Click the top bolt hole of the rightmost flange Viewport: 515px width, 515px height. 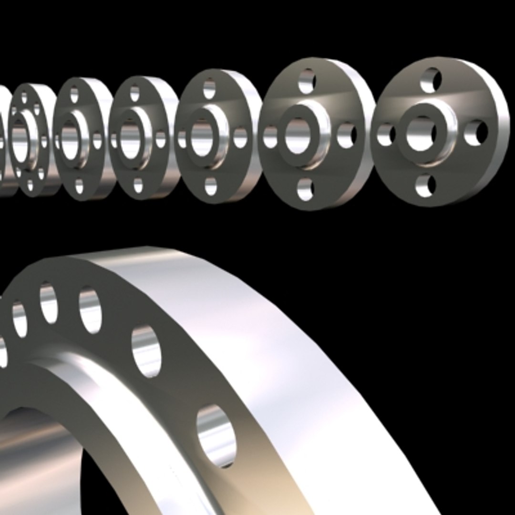pyautogui.click(x=431, y=80)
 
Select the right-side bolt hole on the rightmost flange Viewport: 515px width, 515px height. pyautogui.click(x=476, y=133)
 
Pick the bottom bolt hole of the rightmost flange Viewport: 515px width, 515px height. pyautogui.click(x=425, y=186)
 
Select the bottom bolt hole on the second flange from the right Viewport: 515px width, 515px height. pyautogui.click(x=305, y=189)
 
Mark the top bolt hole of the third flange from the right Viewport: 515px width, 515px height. pyautogui.click(x=209, y=89)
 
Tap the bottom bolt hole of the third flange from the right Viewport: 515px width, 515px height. pyautogui.click(x=210, y=186)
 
